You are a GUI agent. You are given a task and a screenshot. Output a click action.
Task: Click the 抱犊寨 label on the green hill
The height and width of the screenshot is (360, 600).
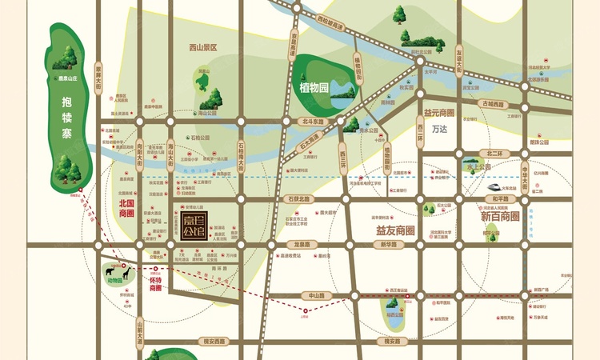(66, 116)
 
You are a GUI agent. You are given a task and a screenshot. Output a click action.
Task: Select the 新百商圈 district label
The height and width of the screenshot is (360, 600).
(500, 217)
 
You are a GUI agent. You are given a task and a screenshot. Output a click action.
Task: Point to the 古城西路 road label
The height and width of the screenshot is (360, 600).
(494, 105)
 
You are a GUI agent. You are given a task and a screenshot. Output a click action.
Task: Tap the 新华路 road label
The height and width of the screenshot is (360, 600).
(389, 245)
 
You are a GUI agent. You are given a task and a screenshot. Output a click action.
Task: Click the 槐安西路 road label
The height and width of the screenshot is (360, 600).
(218, 341)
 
